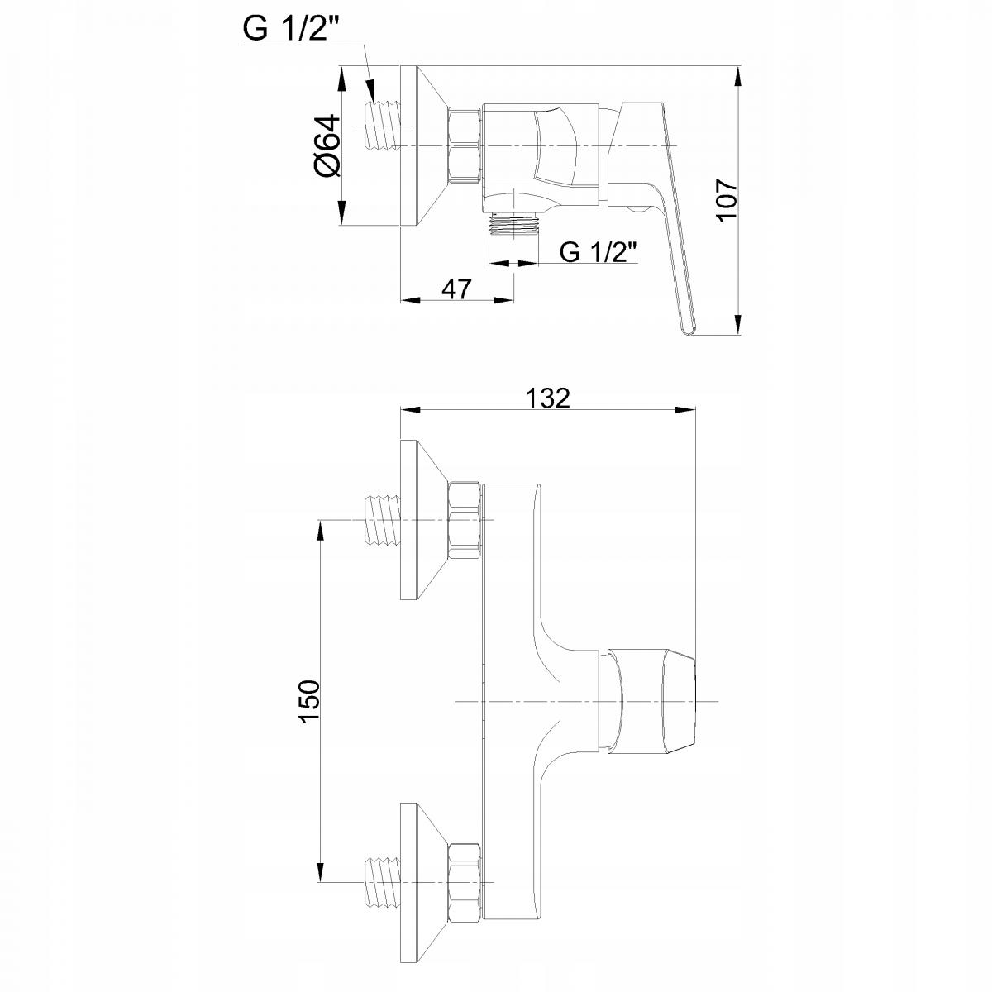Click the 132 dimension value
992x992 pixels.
point(548,398)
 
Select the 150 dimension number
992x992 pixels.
point(310,702)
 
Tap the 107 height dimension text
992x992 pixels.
point(727,200)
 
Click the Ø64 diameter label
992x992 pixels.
point(328,145)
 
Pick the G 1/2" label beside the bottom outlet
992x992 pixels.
point(599,252)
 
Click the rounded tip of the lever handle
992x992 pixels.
point(689,330)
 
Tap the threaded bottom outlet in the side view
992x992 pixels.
point(514,225)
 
